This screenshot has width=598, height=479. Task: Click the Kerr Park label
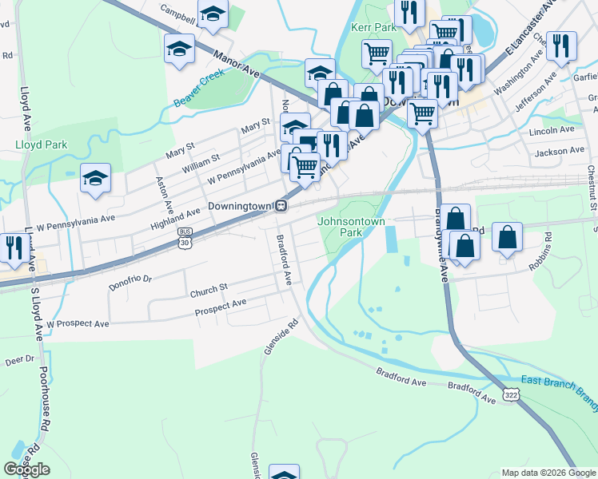(x=374, y=27)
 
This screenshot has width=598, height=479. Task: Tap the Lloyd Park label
(x=41, y=144)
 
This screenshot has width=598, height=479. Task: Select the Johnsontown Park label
(x=352, y=227)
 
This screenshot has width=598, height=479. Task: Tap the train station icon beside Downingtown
(x=281, y=206)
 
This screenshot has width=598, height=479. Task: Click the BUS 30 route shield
(x=185, y=236)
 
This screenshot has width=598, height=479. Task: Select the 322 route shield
(x=511, y=394)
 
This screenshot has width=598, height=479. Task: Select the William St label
(x=201, y=147)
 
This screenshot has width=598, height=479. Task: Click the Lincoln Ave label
(x=551, y=129)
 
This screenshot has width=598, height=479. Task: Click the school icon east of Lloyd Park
(x=95, y=180)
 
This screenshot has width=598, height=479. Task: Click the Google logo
(x=26, y=469)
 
